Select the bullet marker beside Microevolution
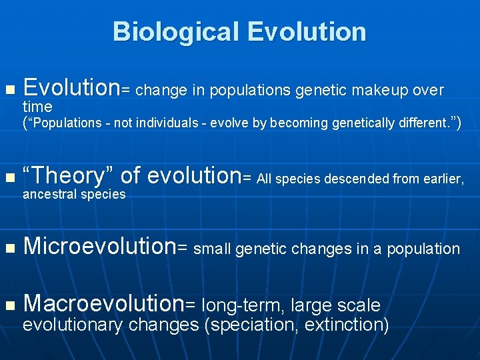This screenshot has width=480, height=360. pos(9,249)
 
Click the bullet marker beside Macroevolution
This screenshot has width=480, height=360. pos(9,306)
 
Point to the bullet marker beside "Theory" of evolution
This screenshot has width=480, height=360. pos(9,178)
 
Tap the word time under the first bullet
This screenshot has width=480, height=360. pos(37,107)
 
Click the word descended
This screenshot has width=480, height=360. pos(350,178)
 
